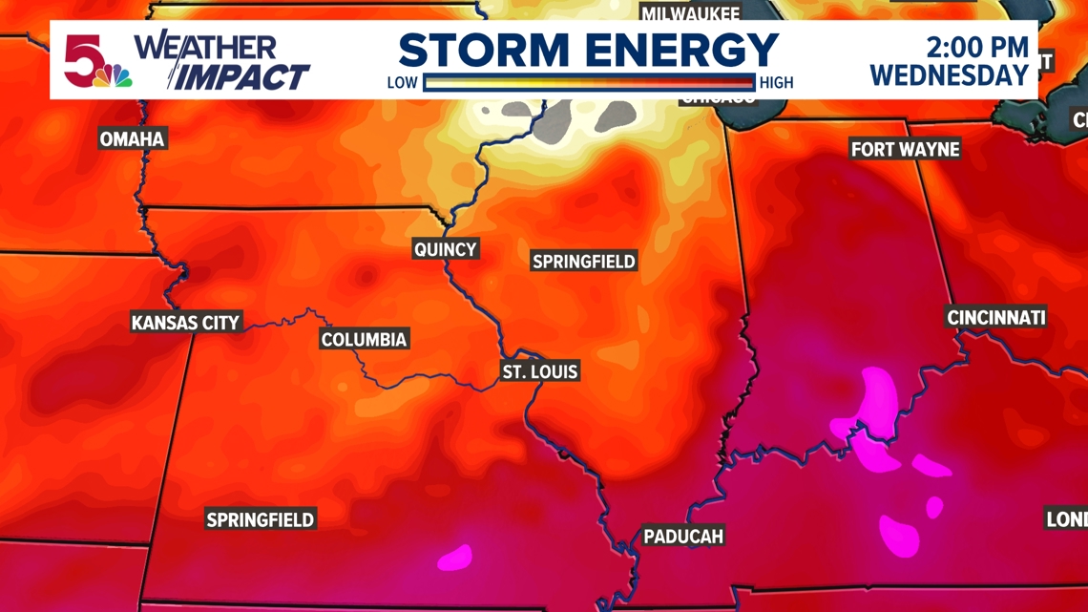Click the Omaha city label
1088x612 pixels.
tap(133, 139)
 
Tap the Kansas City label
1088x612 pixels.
tap(185, 323)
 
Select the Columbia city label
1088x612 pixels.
tap(364, 340)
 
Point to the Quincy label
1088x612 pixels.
tap(445, 249)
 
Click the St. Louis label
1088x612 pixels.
tap(540, 371)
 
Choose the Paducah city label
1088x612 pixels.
tap(683, 537)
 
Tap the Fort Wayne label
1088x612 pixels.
tap(905, 150)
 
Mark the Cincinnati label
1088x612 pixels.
tap(995, 318)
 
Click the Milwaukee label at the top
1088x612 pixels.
tap(690, 13)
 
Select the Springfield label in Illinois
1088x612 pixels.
tap(583, 262)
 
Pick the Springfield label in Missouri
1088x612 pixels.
tap(261, 520)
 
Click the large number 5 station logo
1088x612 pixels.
tap(84, 59)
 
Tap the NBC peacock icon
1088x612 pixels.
tap(119, 76)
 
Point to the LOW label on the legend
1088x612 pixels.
tap(402, 83)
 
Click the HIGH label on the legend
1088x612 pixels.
tap(776, 83)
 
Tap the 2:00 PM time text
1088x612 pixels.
tap(977, 47)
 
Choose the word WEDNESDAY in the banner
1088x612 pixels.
tap(949, 75)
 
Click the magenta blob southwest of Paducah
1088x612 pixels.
tap(454, 556)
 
